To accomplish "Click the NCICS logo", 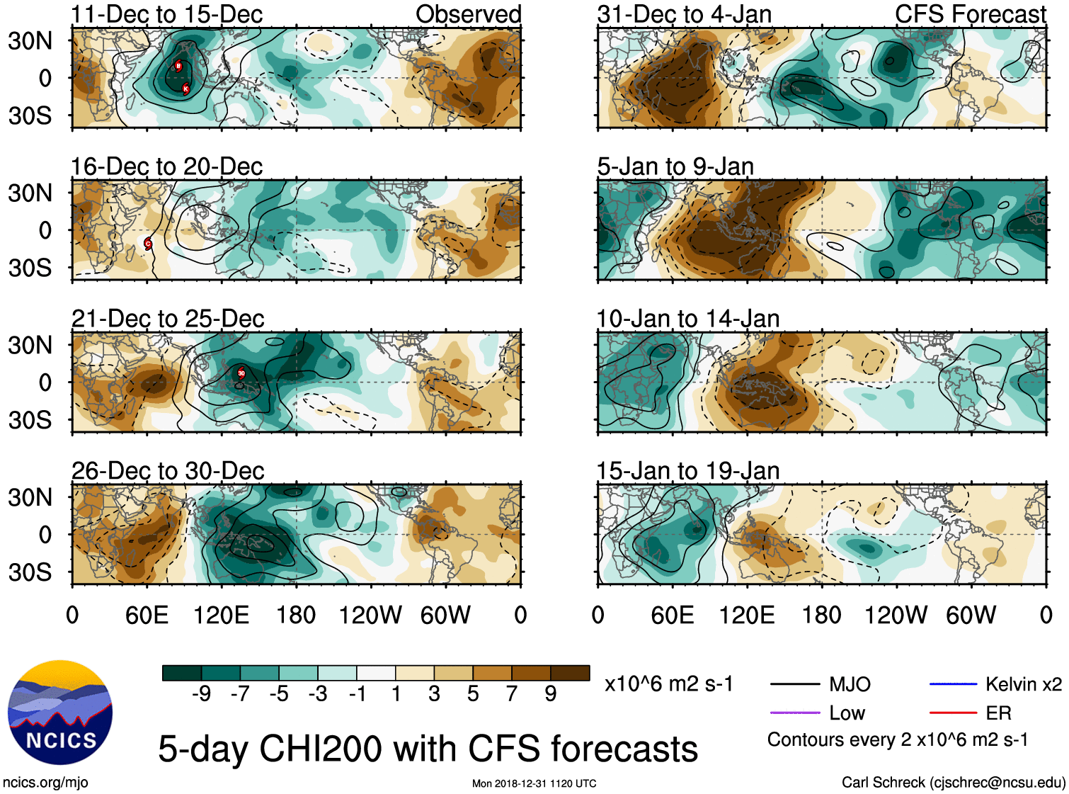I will pos(60,713).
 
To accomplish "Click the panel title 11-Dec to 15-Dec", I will pos(167,14).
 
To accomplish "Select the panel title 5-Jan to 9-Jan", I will pos(675,166).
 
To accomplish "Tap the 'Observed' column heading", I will pos(468,14).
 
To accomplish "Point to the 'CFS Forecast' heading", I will pos(970,14).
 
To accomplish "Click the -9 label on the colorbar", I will pos(202,694).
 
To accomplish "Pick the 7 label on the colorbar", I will pos(512,694).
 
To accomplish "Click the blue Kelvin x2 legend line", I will pos(953,684).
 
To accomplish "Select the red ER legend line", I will pos(953,713).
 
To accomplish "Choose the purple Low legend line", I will pos(794,713).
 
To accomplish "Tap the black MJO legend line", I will pos(794,684).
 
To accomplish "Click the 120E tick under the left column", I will pos(222,615).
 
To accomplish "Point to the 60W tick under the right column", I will pos(971,615).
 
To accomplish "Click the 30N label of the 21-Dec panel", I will pos(30,346).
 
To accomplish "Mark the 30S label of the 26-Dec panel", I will pos(30,572).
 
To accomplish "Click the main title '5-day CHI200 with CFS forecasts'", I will pos(428,749).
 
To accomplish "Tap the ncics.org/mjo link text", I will pos(45,783).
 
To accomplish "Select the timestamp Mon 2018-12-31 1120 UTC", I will pos(534,783).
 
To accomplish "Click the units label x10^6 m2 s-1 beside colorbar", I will pos(668,684).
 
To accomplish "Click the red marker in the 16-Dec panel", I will pos(148,244).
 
